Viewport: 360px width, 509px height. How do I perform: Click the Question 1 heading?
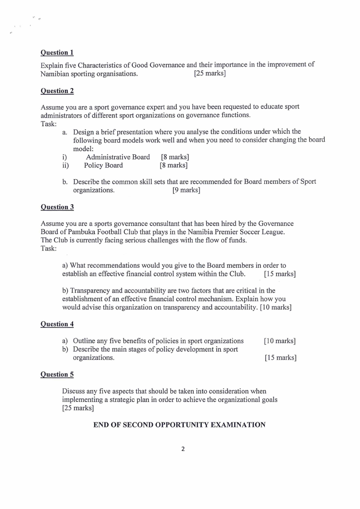(57, 52)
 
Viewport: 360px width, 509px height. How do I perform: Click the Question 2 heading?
(57, 91)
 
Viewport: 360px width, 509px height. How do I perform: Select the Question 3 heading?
(57, 207)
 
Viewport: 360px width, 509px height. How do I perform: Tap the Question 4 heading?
(57, 324)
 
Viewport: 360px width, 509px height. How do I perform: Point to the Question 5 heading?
(57, 374)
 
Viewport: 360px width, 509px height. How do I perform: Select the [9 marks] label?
(186, 190)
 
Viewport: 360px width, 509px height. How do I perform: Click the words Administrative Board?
(118, 157)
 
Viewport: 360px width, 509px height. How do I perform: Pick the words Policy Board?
(103, 166)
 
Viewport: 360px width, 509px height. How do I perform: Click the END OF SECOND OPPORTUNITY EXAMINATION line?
(179, 425)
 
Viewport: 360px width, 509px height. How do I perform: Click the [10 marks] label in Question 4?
(280, 341)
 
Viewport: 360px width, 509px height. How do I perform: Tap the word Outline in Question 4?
(84, 341)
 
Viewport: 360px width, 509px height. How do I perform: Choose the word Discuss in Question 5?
(74, 391)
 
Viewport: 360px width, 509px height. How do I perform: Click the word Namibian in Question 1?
(57, 73)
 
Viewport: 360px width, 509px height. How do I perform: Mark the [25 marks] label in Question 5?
(78, 408)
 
